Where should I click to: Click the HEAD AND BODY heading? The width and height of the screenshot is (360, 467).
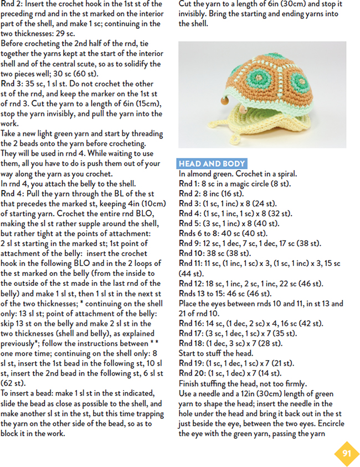(x=212, y=164)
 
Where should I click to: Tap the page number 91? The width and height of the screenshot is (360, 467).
(x=347, y=454)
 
